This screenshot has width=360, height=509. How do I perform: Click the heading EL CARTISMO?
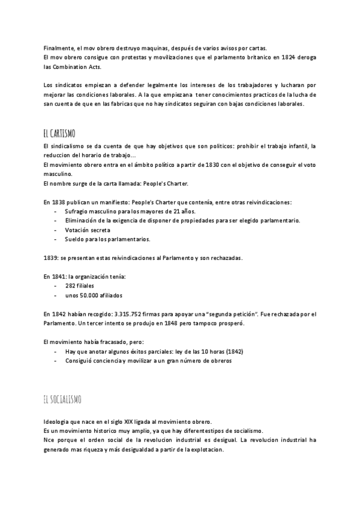tap(59, 133)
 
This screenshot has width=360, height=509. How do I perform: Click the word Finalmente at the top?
tap(59, 48)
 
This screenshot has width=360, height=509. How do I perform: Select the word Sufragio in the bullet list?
tap(79, 211)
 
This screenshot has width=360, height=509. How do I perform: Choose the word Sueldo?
tap(76, 239)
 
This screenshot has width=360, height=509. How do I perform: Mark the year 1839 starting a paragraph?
tap(51, 258)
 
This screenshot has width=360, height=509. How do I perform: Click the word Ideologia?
tap(59, 421)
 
